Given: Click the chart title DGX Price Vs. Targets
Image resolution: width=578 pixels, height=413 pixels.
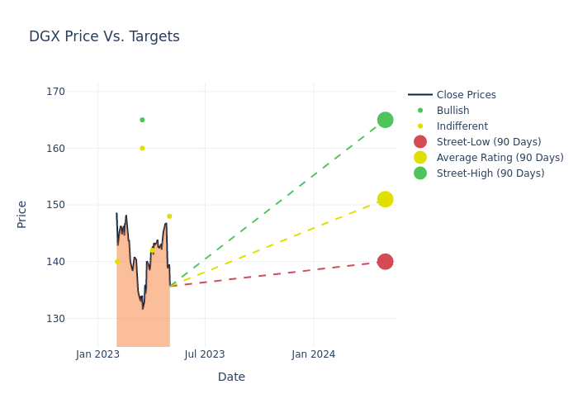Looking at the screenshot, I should click(104, 37).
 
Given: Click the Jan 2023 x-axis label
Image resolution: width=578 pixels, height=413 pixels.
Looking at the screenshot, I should click(97, 354).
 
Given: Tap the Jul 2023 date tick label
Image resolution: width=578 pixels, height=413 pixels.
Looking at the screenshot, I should click(205, 354).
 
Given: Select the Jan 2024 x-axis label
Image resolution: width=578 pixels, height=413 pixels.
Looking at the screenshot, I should click(314, 354).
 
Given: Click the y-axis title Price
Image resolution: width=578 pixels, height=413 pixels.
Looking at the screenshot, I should click(22, 214).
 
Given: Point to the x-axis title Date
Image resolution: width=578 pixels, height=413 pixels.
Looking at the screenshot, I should click(231, 377).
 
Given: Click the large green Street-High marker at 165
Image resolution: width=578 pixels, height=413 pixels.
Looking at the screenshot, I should click(385, 120).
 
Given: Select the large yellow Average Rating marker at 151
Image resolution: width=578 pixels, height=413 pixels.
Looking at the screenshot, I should click(385, 199).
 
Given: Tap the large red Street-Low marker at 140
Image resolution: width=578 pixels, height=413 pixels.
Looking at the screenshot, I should click(385, 262).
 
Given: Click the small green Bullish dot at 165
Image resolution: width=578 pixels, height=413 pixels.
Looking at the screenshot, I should click(142, 120).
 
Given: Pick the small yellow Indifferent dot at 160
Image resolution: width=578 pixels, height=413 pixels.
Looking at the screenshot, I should click(142, 149).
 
